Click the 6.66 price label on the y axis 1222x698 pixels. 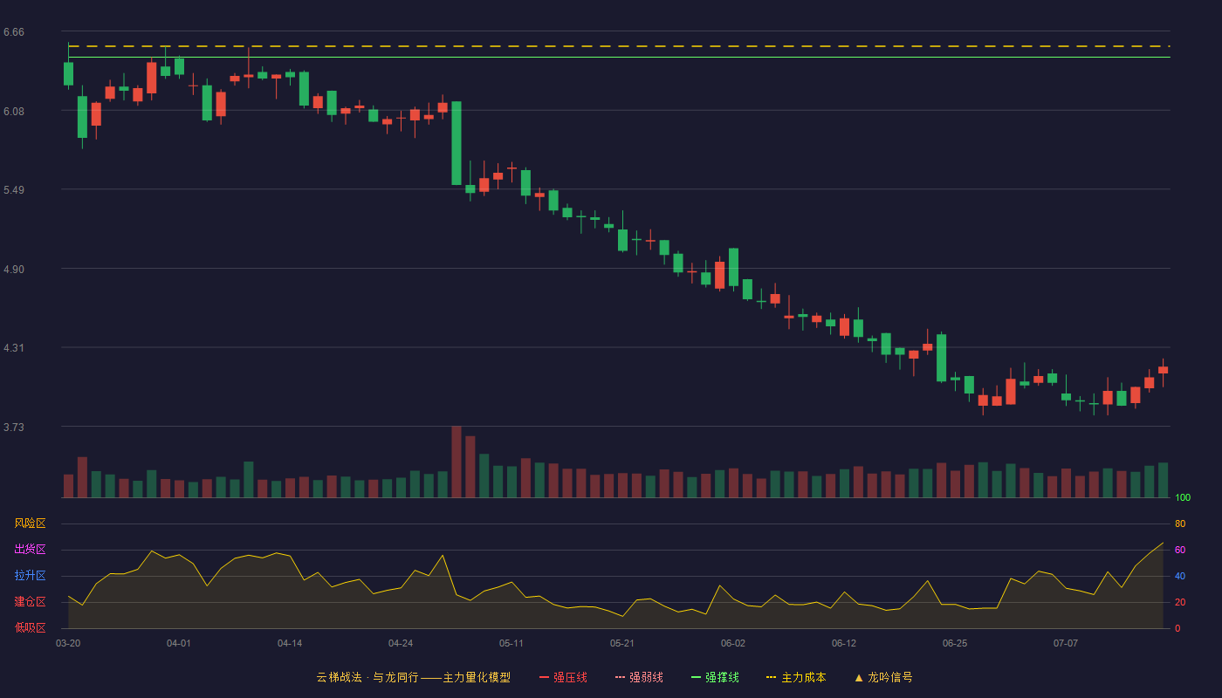[14, 32]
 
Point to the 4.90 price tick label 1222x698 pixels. [14, 270]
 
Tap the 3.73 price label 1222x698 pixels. [14, 427]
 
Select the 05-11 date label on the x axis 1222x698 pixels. [511, 644]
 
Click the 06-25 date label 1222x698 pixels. [955, 644]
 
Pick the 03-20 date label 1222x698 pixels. [68, 644]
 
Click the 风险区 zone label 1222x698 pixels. [30, 523]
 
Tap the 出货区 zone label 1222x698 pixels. [30, 549]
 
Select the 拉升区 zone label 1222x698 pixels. [30, 575]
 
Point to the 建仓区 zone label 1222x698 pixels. [30, 601]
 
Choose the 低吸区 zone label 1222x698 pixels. [30, 627]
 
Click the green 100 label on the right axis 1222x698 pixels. [1183, 497]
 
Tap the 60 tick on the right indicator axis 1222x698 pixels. [1180, 550]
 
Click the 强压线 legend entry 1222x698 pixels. [563, 677]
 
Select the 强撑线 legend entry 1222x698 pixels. [715, 677]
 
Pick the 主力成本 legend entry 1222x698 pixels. [796, 677]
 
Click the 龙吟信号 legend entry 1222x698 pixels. [883, 677]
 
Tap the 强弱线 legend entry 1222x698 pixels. [639, 677]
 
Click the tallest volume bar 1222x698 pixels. [457, 462]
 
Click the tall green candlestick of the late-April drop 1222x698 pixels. [457, 143]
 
